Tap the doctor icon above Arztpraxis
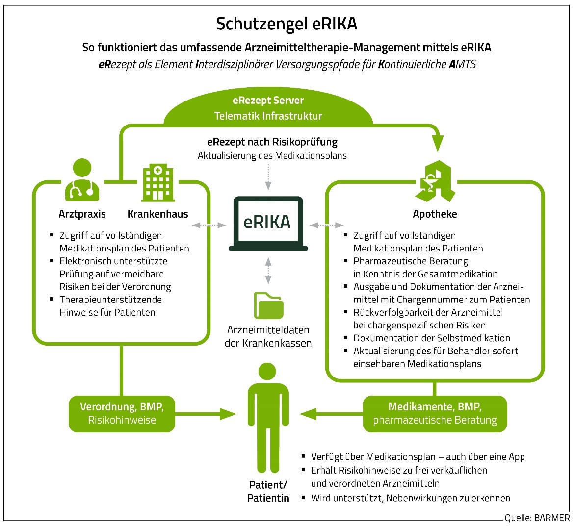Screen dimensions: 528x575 81,179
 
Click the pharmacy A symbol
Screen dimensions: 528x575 435,181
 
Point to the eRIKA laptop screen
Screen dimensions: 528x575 267,222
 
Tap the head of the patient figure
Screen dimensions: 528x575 267,373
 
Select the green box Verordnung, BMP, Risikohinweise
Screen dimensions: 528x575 122,413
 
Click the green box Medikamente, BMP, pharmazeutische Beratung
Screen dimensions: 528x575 435,414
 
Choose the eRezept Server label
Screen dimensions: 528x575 268,101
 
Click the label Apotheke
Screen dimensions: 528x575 435,214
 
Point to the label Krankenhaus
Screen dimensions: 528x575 157,214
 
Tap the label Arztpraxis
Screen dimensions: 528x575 82,214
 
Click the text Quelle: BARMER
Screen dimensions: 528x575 537,518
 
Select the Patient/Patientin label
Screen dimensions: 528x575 268,491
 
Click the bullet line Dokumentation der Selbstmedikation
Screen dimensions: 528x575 431,338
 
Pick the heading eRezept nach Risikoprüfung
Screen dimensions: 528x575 272,142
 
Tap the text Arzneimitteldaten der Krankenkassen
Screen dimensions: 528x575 268,336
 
